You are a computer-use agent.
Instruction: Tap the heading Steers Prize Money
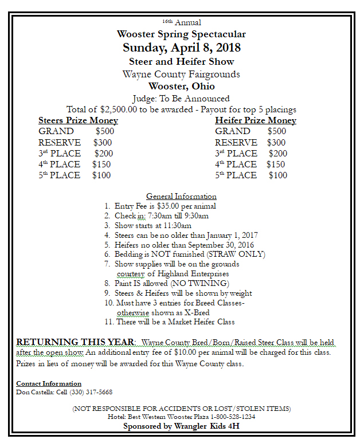point(78,120)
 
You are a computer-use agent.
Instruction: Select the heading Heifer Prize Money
point(256,120)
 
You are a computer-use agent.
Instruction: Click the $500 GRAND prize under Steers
point(105,131)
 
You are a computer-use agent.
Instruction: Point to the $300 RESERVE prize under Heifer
point(276,142)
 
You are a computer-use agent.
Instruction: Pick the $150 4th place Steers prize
point(101,164)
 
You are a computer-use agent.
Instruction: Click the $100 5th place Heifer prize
point(278,175)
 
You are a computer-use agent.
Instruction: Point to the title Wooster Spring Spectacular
point(181,34)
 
